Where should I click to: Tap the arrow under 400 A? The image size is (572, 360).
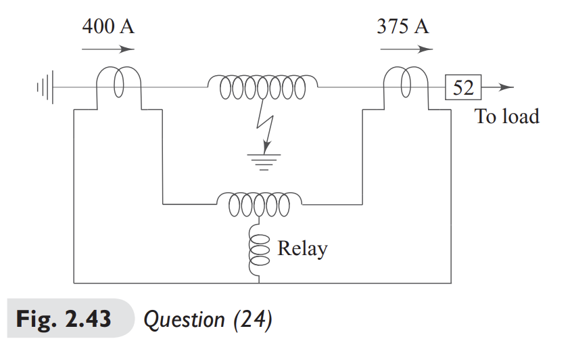click(108, 49)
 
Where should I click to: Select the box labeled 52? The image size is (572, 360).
click(462, 87)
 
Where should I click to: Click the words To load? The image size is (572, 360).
click(507, 116)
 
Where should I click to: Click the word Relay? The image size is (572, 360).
click(302, 248)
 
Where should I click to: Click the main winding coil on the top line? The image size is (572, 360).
click(263, 87)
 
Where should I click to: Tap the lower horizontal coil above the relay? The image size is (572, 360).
click(260, 201)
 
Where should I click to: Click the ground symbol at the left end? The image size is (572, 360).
click(45, 87)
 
